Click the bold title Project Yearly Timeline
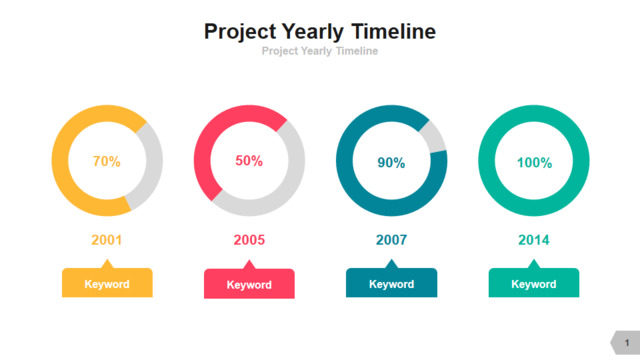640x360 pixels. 320,32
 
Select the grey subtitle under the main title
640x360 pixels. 320,51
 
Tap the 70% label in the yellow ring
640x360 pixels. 107,161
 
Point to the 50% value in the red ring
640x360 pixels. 249,160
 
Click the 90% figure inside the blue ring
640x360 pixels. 391,162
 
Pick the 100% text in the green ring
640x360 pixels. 534,162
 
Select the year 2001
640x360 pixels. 107,240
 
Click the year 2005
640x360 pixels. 249,240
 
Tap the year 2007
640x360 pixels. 391,240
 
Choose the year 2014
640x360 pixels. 533,240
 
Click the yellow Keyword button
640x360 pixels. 107,282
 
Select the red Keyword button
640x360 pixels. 249,283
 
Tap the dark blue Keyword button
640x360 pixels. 391,282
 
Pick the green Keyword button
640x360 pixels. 533,282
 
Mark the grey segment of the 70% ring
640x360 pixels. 154,163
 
